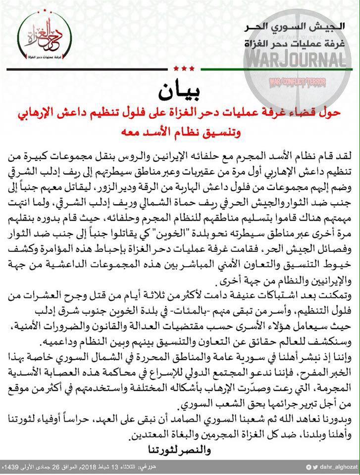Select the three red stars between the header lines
coord(188,68)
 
